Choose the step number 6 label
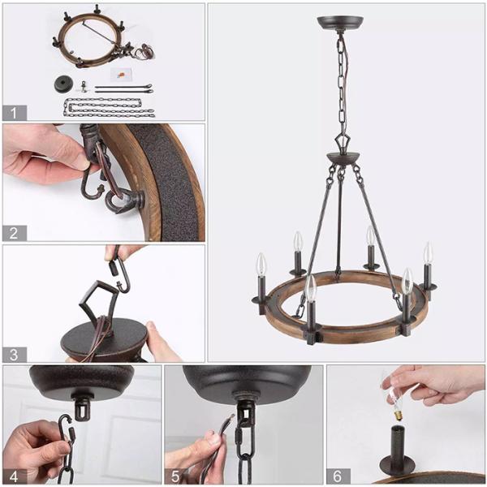(338, 475)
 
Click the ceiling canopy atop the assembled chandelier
(340, 23)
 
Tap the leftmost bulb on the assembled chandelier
(261, 265)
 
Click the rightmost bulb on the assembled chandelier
(427, 253)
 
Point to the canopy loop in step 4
(81, 407)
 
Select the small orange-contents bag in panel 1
(121, 74)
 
